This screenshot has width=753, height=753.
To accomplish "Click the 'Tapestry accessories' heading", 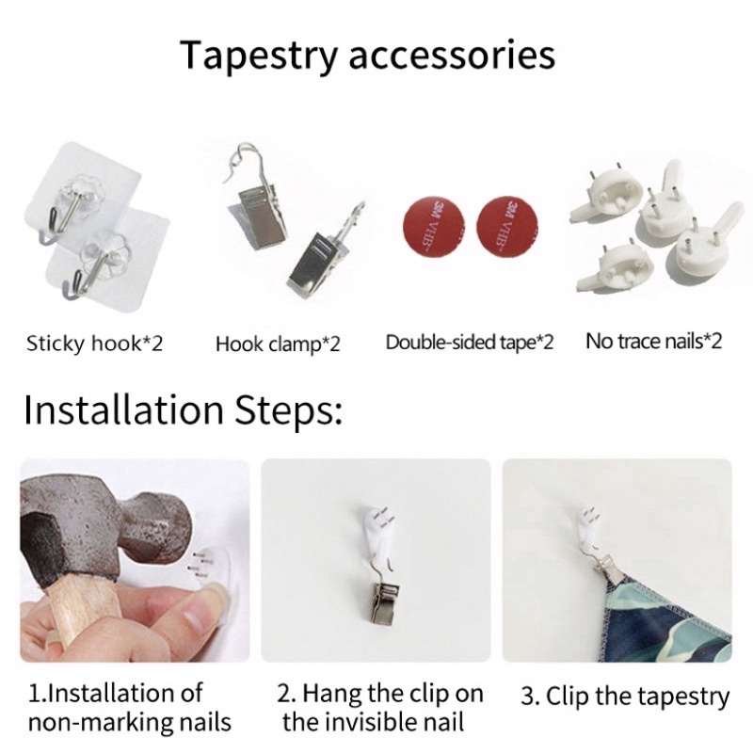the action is (x=367, y=56).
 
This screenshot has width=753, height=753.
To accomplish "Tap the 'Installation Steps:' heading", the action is (x=184, y=409).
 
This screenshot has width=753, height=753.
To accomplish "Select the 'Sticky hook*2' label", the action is (x=95, y=344).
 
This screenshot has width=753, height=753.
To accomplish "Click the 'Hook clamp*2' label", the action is (x=278, y=344).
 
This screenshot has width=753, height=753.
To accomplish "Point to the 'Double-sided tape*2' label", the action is (x=469, y=343).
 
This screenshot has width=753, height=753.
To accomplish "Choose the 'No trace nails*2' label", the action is (x=653, y=342).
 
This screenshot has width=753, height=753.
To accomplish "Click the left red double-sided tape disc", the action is (x=433, y=226).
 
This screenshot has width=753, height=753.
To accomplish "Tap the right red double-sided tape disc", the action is (x=507, y=226).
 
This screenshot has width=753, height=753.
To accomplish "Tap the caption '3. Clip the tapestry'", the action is (x=625, y=697).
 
